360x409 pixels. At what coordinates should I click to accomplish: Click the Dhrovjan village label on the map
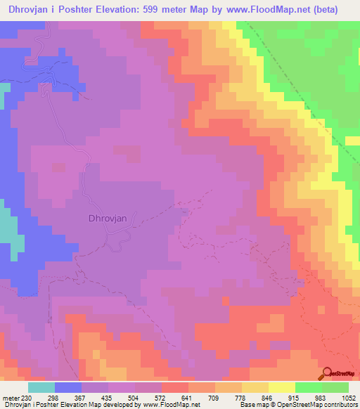tap(108, 218)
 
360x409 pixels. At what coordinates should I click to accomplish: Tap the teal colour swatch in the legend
tap(42, 387)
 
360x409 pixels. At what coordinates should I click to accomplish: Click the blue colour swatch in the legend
tap(67, 387)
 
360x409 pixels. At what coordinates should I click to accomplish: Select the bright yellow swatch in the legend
tap(281, 387)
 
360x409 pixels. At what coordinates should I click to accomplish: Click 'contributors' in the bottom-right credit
tap(340, 405)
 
